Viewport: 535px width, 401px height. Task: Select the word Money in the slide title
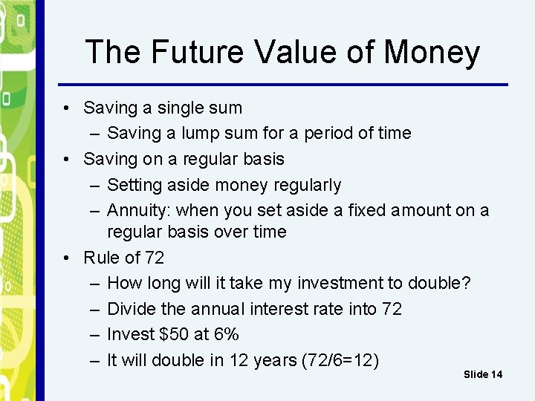point(432,53)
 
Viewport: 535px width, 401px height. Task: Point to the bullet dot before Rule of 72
point(68,258)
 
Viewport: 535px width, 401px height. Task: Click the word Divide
point(130,308)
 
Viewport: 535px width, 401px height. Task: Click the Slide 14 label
point(483,374)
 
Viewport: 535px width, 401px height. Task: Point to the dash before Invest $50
point(95,334)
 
